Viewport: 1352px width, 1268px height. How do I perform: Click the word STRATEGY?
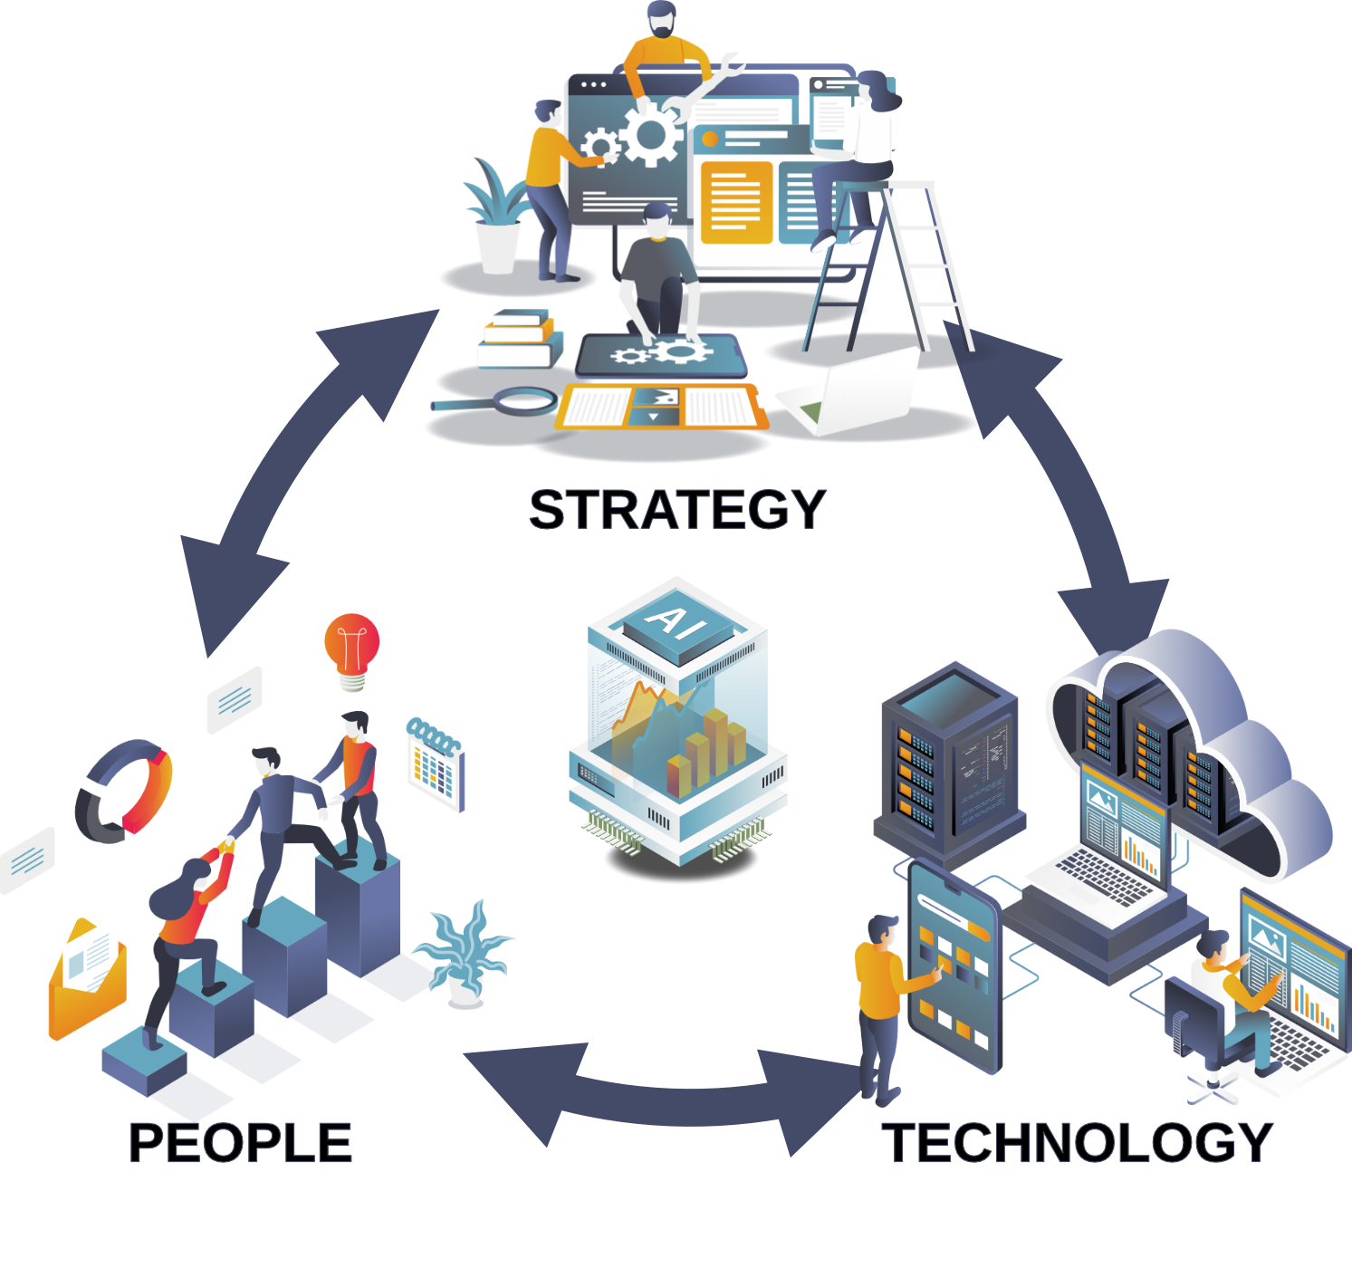point(676,510)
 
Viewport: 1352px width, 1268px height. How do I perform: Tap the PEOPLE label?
point(240,1143)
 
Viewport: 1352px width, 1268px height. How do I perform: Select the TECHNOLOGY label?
point(1078,1143)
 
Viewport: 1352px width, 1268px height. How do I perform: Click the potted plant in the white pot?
point(496,222)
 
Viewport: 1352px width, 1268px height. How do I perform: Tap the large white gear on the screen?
point(649,134)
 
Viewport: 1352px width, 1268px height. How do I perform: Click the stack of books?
point(514,341)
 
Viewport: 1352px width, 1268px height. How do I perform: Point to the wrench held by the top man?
point(716,82)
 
